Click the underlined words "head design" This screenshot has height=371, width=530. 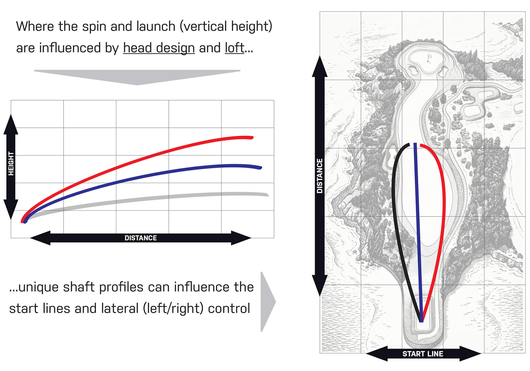tap(159, 48)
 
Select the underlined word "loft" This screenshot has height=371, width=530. tap(235, 48)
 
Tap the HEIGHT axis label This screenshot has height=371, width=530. tap(11, 164)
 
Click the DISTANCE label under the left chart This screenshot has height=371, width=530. tap(141, 238)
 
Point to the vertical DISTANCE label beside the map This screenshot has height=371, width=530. tap(320, 176)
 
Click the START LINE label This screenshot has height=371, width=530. tap(423, 354)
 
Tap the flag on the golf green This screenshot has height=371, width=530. tap(429, 58)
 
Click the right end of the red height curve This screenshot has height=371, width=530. tap(252, 138)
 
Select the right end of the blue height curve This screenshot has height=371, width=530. tap(261, 168)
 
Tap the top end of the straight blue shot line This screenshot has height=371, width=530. tap(415, 144)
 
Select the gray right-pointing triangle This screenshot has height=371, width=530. tap(267, 302)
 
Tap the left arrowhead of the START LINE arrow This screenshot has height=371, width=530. tap(377, 354)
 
